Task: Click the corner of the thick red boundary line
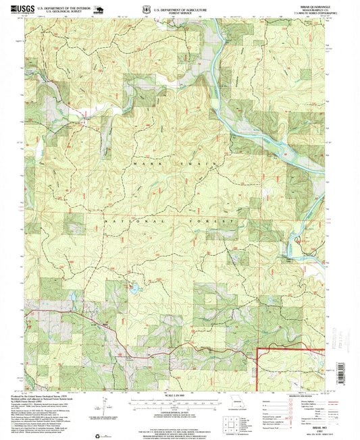click(x=258, y=350)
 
